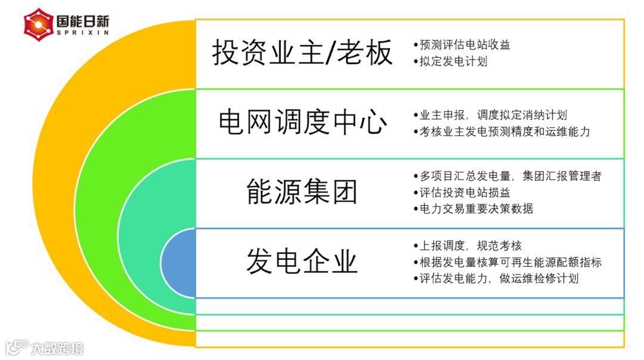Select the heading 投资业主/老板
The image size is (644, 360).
(x=302, y=52)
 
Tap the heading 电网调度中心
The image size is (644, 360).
(x=302, y=123)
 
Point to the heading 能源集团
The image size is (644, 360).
(x=302, y=192)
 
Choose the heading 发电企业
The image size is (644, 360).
(x=302, y=262)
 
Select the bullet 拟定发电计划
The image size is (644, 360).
(x=450, y=61)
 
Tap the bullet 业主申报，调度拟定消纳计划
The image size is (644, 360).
(x=490, y=116)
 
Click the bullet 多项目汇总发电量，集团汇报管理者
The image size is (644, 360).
(x=507, y=176)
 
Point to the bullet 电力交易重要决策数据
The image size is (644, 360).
(x=473, y=209)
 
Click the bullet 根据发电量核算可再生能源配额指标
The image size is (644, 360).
(x=507, y=262)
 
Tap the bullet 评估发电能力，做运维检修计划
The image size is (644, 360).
(x=496, y=278)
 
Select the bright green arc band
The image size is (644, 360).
(x=95, y=209)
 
